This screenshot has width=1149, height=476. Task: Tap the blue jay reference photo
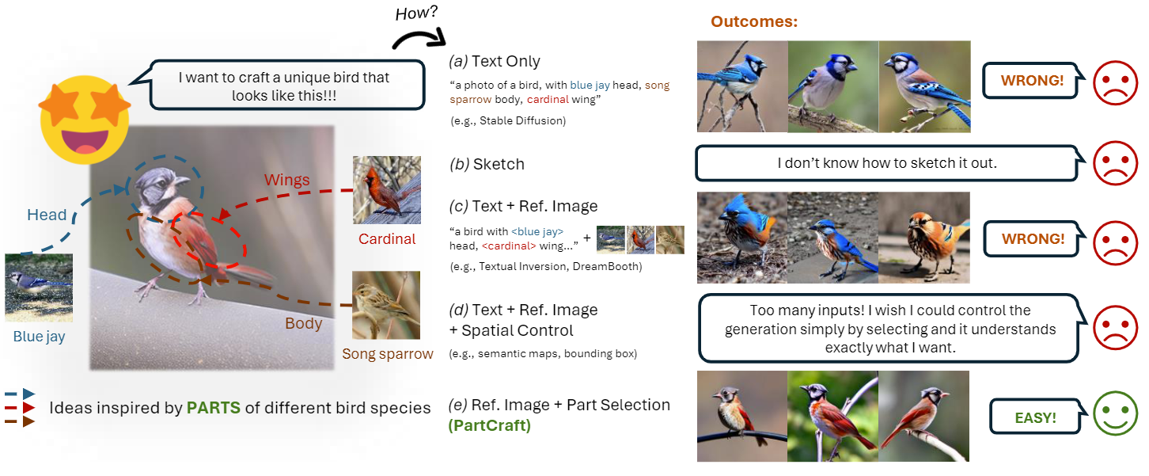tap(39, 287)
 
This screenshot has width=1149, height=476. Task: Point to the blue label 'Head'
tap(47, 215)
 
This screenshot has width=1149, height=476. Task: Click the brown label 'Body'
tap(304, 323)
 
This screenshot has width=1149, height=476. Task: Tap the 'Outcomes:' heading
tap(754, 22)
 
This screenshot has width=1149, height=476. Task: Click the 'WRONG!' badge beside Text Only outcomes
tap(1033, 81)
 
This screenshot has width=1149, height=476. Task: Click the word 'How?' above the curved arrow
tap(417, 13)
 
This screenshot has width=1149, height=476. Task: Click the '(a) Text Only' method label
tap(495, 61)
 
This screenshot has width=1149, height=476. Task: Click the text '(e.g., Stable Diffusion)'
tap(507, 121)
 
